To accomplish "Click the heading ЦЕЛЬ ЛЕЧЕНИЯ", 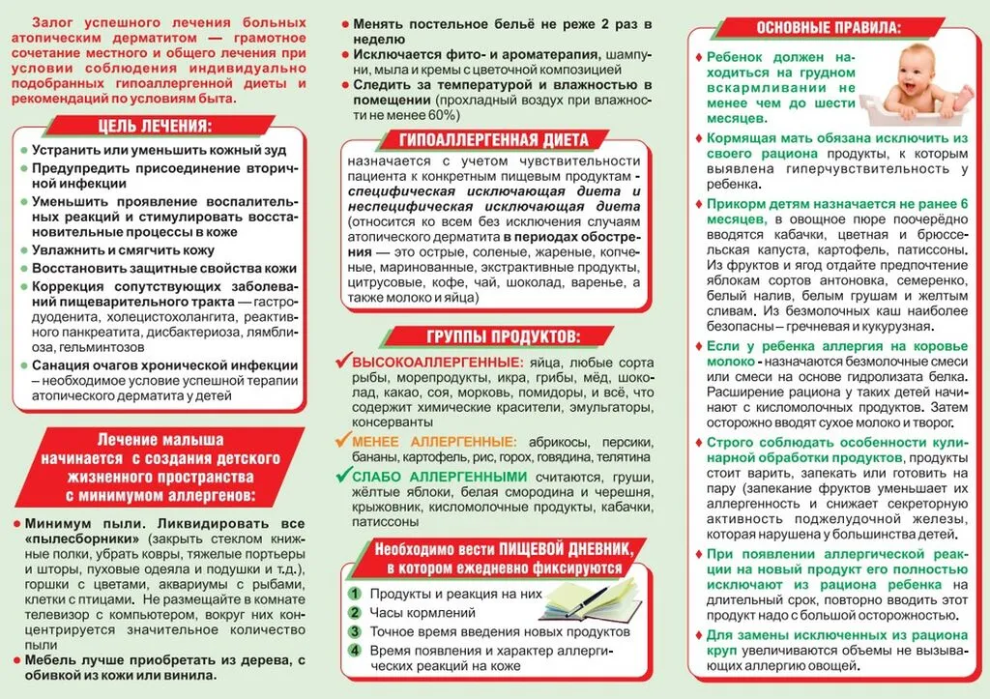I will click(x=155, y=127).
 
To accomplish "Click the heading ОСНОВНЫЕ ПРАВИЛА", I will click(x=837, y=27).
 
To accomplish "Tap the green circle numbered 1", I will click(x=356, y=594).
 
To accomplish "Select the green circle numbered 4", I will click(x=356, y=651).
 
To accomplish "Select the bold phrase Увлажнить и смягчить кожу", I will click(x=123, y=249).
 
